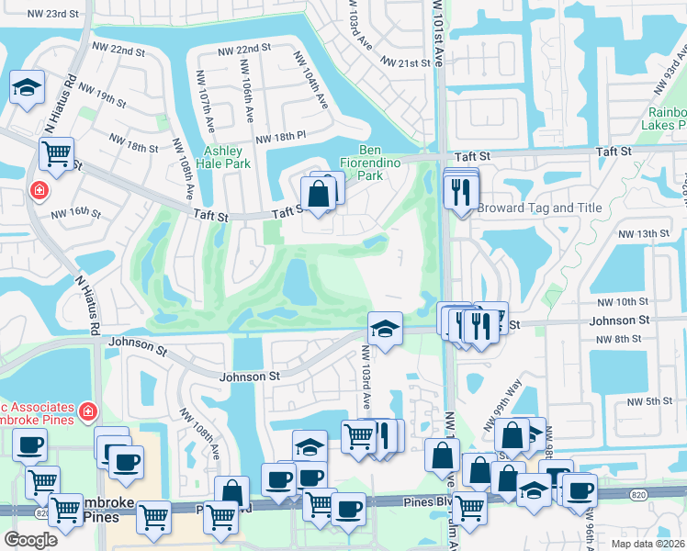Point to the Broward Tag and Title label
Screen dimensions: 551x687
click(x=539, y=208)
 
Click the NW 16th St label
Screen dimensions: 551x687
click(x=75, y=212)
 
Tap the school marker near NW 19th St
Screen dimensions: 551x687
click(x=28, y=89)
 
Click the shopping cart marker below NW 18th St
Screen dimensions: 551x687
click(x=57, y=153)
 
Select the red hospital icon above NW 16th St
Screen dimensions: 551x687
click(x=39, y=191)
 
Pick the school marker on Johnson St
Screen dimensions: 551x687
click(x=386, y=328)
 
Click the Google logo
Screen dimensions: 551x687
click(x=30, y=540)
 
